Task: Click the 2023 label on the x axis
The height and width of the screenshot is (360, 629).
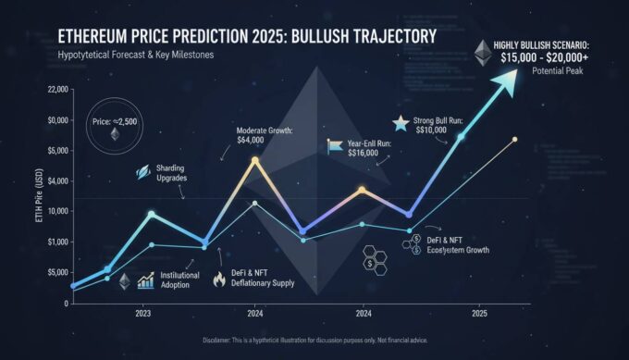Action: tap(143, 314)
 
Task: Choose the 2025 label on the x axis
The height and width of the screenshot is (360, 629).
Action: tap(478, 314)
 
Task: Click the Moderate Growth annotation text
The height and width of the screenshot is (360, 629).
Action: tap(265, 135)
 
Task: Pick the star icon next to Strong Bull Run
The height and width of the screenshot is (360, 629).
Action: tap(400, 122)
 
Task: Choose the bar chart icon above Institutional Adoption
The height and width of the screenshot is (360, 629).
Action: tap(145, 279)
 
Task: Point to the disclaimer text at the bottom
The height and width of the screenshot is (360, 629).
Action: tap(314, 342)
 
